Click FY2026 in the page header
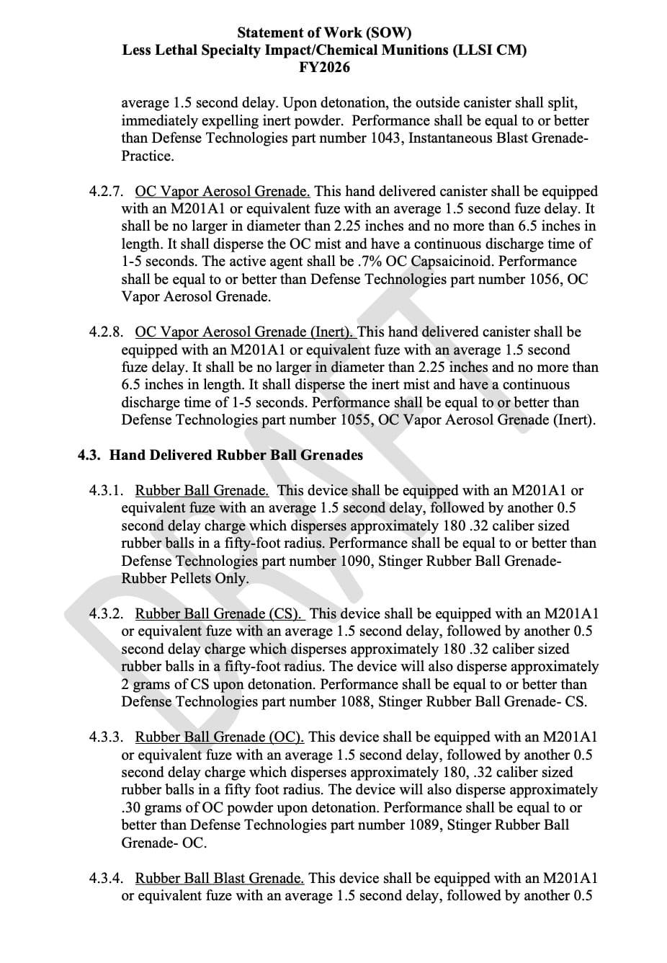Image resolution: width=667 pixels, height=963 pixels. (x=324, y=68)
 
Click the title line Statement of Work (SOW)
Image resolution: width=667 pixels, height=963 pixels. (x=324, y=33)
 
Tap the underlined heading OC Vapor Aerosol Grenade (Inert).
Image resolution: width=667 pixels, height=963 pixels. (x=245, y=332)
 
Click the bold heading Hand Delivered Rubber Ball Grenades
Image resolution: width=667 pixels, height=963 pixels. (x=236, y=456)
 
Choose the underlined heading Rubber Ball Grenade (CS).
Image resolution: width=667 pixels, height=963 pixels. (x=219, y=614)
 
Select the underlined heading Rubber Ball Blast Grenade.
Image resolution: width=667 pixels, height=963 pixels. (x=219, y=879)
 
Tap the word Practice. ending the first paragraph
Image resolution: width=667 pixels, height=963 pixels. (x=147, y=156)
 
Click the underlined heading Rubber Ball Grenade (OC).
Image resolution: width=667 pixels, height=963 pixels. (x=219, y=737)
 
